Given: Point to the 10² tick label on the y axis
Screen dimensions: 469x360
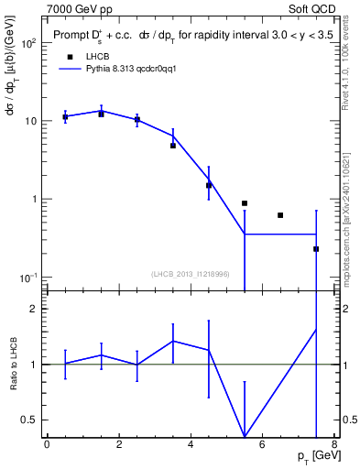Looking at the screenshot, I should point(28,43).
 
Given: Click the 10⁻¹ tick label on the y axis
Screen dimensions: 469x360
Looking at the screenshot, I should point(28,278).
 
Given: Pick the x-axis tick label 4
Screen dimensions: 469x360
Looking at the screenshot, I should point(191,445).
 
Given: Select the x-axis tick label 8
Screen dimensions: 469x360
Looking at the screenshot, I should point(334,445).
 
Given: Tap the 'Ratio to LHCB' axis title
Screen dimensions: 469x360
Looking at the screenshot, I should point(12,364).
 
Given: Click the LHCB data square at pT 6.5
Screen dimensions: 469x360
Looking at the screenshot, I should point(280,215).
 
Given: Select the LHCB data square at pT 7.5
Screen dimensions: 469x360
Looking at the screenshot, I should point(316,249).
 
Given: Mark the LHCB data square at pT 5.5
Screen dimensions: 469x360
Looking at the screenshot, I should point(245,203).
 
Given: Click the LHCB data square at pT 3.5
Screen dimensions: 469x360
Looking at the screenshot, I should point(173,146).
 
